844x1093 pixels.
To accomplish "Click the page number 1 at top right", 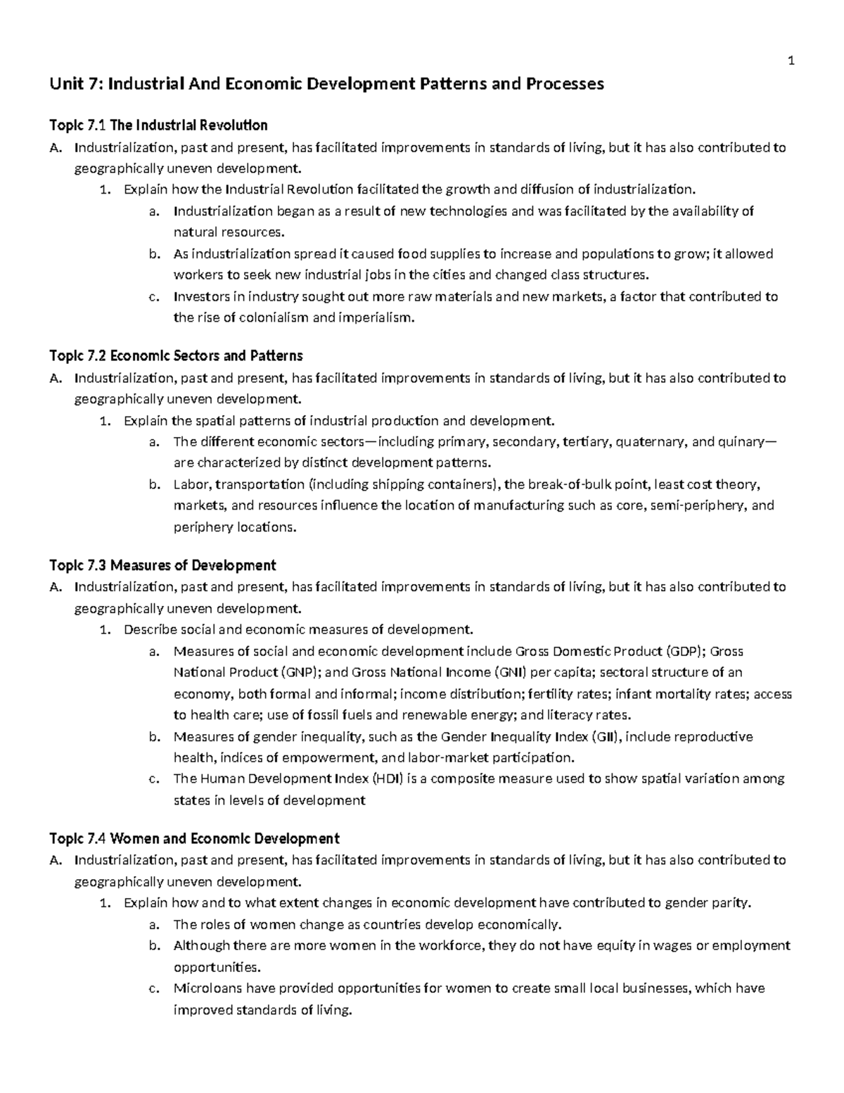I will (791, 61).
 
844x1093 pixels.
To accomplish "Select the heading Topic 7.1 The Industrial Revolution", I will (158, 125).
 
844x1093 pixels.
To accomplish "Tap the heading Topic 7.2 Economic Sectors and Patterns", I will (176, 355).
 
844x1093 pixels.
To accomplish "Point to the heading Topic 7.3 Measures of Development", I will (162, 564).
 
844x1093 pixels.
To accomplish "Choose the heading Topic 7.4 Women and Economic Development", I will (194, 838).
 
